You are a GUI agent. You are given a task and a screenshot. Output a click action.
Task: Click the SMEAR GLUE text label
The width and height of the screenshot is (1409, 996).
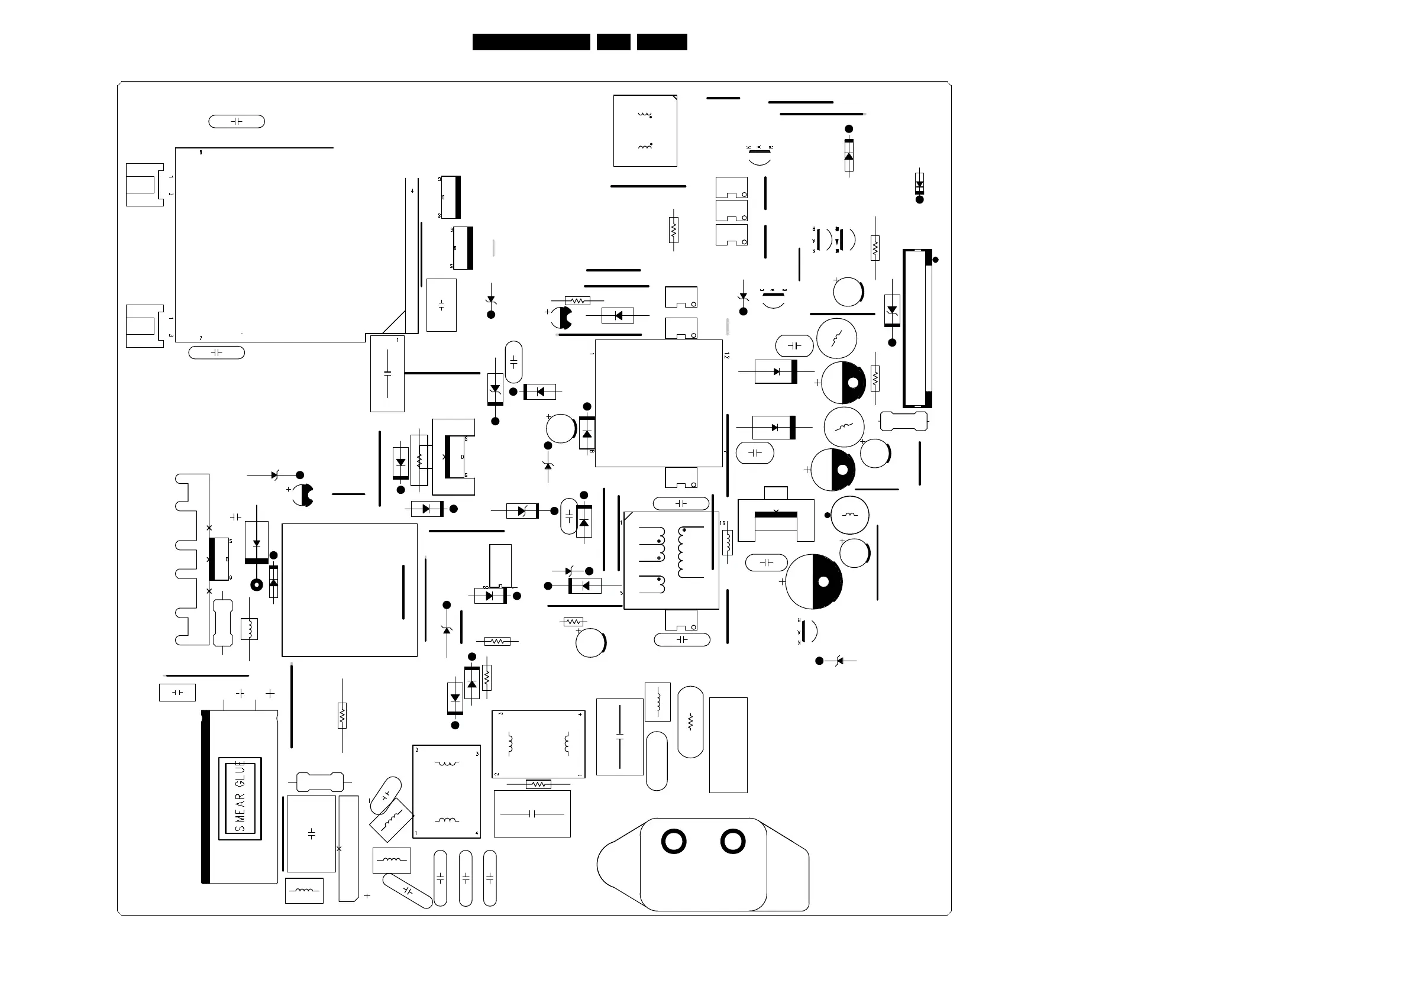click(240, 798)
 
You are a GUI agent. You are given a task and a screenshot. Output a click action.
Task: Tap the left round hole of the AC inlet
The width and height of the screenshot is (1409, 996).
click(673, 842)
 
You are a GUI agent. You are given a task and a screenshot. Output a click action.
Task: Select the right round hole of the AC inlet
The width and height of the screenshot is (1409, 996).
click(733, 842)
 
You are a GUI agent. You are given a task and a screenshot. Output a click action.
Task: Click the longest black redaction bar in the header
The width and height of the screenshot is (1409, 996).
click(531, 42)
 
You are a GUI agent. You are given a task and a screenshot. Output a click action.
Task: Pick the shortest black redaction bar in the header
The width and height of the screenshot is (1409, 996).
click(613, 42)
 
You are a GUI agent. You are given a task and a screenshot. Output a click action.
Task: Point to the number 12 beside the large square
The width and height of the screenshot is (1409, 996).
click(726, 355)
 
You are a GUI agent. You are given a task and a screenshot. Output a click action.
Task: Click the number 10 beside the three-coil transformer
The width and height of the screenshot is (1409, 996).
click(722, 523)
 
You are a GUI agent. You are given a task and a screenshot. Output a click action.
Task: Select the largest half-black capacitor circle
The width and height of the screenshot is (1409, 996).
click(814, 581)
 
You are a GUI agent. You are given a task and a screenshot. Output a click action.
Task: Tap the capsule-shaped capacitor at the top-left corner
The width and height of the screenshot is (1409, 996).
click(236, 121)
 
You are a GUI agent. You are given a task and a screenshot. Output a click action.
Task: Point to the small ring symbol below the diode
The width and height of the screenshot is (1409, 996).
click(257, 585)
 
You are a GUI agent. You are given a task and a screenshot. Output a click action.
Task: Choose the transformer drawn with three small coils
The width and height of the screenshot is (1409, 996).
click(671, 560)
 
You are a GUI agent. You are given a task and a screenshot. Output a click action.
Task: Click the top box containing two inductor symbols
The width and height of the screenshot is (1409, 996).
click(645, 131)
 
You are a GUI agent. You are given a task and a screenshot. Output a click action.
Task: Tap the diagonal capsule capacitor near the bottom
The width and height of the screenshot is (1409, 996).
click(408, 891)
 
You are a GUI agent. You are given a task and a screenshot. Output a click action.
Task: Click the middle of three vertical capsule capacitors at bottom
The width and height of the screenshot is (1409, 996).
click(465, 878)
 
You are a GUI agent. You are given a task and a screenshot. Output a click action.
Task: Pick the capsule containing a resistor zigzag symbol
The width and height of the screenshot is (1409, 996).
click(690, 722)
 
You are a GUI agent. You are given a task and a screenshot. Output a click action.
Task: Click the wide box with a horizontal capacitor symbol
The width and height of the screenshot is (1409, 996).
click(532, 814)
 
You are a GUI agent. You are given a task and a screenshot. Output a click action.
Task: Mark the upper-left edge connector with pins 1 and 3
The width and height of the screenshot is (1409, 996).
click(145, 184)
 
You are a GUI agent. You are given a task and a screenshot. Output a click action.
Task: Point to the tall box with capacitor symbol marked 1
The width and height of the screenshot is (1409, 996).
click(387, 373)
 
